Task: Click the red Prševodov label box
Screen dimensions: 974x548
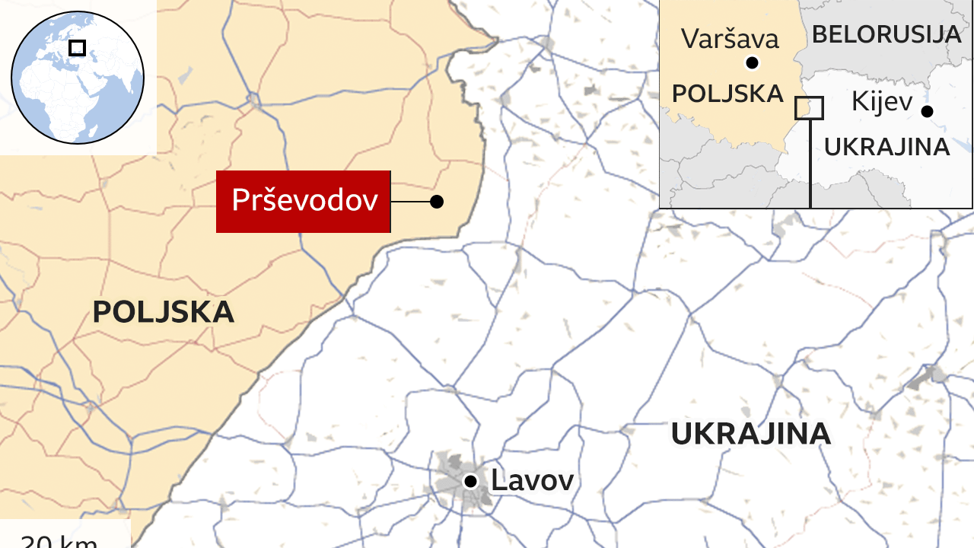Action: click(x=304, y=201)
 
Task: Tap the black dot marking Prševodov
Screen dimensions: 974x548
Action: click(x=437, y=202)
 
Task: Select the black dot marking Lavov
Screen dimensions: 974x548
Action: click(x=471, y=481)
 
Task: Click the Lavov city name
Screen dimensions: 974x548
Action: click(x=532, y=481)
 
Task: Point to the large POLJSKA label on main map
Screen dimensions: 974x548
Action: click(x=164, y=312)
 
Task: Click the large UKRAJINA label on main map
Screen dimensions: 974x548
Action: click(x=750, y=433)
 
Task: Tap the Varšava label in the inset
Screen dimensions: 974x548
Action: click(x=730, y=39)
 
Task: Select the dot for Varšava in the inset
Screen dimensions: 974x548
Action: click(x=753, y=63)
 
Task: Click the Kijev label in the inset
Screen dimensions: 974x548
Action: click(x=882, y=100)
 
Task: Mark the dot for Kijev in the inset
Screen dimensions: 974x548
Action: click(x=927, y=111)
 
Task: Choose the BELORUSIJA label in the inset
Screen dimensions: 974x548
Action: click(x=886, y=34)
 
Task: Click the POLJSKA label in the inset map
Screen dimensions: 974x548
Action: click(x=728, y=94)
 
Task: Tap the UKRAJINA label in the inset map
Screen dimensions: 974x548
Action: click(x=887, y=147)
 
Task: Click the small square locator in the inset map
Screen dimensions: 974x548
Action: click(x=809, y=108)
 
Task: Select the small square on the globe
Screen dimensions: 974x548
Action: click(x=77, y=48)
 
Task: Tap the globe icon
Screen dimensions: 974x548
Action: click(x=78, y=76)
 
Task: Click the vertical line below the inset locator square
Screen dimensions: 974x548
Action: click(x=810, y=164)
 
